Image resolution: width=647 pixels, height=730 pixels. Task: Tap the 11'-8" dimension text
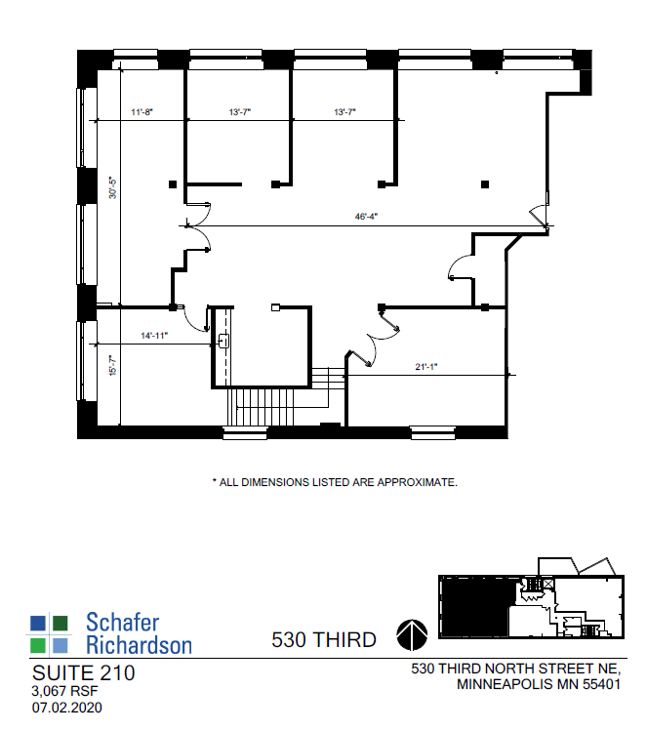(142, 113)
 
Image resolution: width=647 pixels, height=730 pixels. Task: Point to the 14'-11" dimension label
(154, 337)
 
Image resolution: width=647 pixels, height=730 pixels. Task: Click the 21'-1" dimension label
(427, 367)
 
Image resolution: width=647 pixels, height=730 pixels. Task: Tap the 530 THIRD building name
(323, 640)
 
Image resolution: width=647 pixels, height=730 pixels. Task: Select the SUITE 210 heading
(83, 673)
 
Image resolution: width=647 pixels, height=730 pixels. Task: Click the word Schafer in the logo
(122, 623)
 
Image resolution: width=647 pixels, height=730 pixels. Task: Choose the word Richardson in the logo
(139, 644)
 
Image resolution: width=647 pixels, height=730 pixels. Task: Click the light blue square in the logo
(61, 645)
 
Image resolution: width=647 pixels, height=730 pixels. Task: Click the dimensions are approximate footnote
(335, 482)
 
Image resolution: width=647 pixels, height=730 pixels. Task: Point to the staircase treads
(263, 405)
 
